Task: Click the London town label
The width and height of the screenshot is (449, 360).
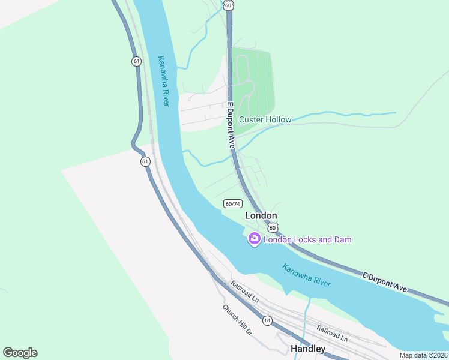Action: tap(261, 215)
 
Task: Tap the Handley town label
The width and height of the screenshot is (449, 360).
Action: tap(308, 349)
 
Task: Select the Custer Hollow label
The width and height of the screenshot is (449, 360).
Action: tap(265, 119)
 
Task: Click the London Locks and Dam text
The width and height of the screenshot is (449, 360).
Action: tap(307, 239)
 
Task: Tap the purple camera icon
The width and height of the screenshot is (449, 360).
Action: tap(255, 239)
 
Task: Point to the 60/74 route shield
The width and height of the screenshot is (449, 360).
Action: tap(232, 204)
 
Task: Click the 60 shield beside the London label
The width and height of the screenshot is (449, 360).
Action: tap(273, 227)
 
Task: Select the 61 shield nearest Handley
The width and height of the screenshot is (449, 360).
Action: tap(267, 320)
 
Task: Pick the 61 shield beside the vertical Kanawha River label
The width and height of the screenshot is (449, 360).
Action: tap(137, 61)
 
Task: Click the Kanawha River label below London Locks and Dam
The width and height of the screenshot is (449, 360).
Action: tap(306, 277)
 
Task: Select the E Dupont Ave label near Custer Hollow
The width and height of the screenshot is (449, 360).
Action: tap(230, 125)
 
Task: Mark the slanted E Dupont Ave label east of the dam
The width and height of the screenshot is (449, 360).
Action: tap(384, 281)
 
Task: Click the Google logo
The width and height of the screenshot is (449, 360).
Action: tap(20, 353)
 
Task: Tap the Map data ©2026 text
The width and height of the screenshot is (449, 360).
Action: tap(423, 355)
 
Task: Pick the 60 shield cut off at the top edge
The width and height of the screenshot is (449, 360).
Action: tap(228, 4)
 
